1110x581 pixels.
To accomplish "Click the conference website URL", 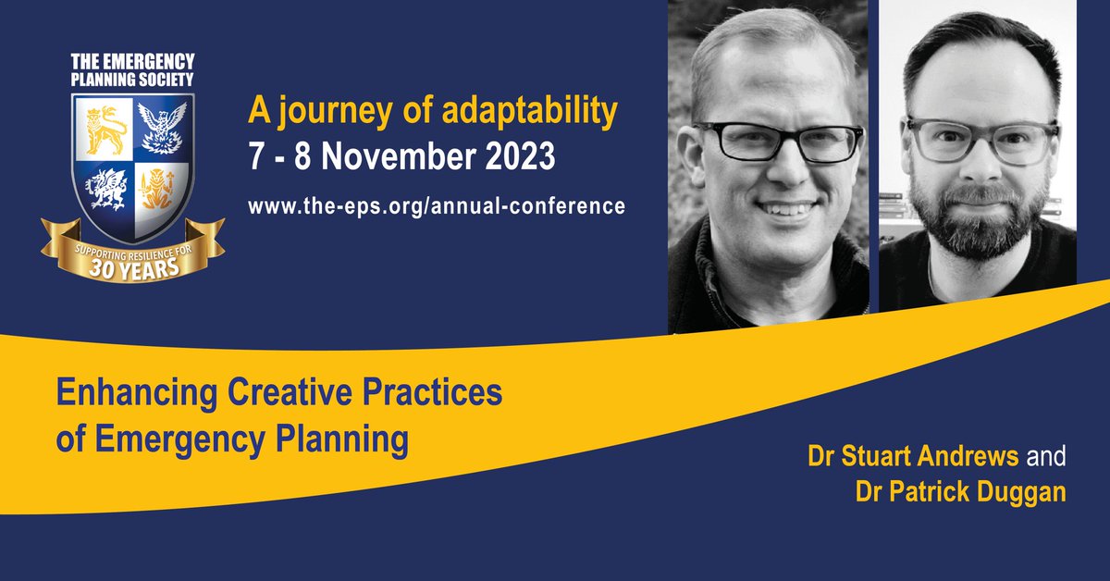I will tap(436, 205).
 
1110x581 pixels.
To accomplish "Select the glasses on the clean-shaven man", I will tap(764, 142).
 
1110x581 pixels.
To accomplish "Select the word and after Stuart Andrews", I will tap(1047, 457).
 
